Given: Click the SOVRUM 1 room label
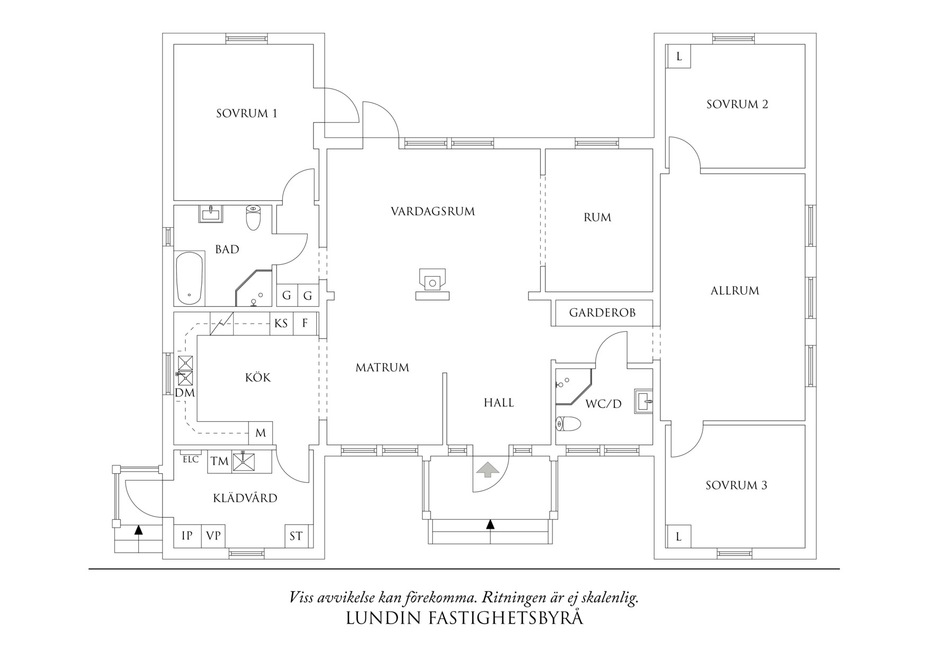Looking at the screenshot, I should pyautogui.click(x=246, y=113).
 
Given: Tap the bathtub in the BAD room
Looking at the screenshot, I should pyautogui.click(x=189, y=278).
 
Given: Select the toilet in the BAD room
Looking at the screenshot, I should pyautogui.click(x=254, y=218).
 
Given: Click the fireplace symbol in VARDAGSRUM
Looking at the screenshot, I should pyautogui.click(x=432, y=285).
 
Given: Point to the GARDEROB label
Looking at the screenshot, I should pyautogui.click(x=602, y=313).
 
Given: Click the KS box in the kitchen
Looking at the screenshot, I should pyautogui.click(x=281, y=323).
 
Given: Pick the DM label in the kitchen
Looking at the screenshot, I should pyautogui.click(x=185, y=393).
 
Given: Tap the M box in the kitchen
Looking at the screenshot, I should pyautogui.click(x=261, y=433).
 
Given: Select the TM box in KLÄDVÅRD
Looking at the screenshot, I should pyautogui.click(x=219, y=461).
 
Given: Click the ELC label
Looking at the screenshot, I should pyautogui.click(x=191, y=459).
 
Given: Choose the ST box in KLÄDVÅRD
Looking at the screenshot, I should pyautogui.click(x=296, y=536).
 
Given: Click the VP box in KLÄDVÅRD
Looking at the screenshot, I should pyautogui.click(x=213, y=536).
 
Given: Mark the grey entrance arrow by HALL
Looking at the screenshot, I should pyautogui.click(x=488, y=469).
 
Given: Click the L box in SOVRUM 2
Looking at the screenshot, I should pyautogui.click(x=678, y=56).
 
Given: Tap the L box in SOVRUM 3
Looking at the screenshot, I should pyautogui.click(x=678, y=537).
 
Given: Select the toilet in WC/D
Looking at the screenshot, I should pyautogui.click(x=568, y=424).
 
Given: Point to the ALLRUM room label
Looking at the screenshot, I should pyautogui.click(x=735, y=291).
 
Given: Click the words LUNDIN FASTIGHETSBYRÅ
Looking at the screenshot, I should pyautogui.click(x=464, y=618).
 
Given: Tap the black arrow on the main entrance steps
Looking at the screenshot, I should pyautogui.click(x=490, y=525).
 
